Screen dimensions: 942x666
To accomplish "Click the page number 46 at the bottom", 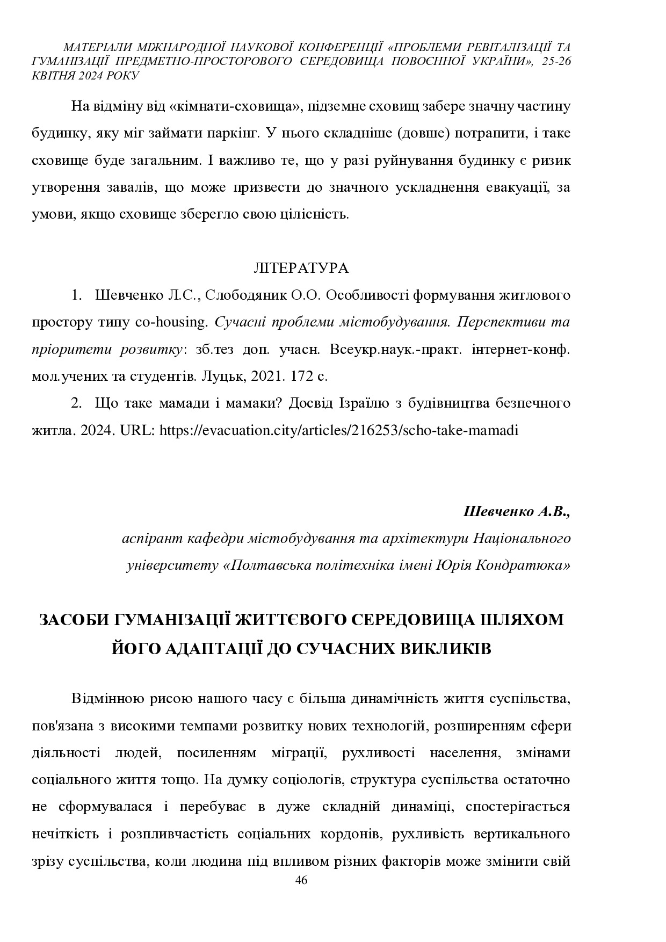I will tap(301, 880).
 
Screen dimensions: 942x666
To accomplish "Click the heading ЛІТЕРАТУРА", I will tap(301, 267).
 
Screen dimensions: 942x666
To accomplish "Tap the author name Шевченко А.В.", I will tap(516, 511).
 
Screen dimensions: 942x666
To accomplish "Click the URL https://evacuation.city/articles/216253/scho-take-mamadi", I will tap(339, 430).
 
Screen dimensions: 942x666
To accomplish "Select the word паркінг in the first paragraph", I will tap(236, 133).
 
